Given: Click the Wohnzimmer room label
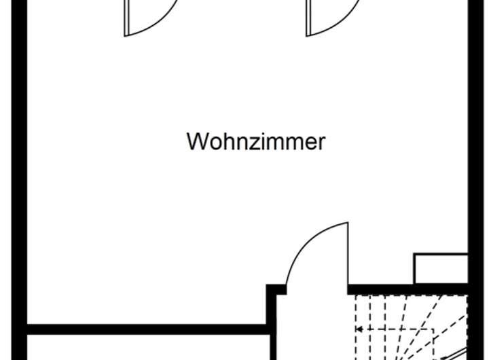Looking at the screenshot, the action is (256, 142).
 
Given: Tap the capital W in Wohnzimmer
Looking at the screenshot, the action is (197, 142).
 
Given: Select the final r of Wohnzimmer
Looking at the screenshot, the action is (322, 143).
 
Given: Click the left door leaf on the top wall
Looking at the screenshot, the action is (126, 18).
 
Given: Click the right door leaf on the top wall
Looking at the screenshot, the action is (308, 18).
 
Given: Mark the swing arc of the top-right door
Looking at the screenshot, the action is (342, 24).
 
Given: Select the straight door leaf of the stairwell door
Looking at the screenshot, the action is (348, 255).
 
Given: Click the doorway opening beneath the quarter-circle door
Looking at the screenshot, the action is (317, 289).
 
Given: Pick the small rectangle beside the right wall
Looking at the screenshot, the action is (441, 269).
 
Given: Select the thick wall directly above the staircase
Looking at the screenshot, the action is (407, 289).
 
